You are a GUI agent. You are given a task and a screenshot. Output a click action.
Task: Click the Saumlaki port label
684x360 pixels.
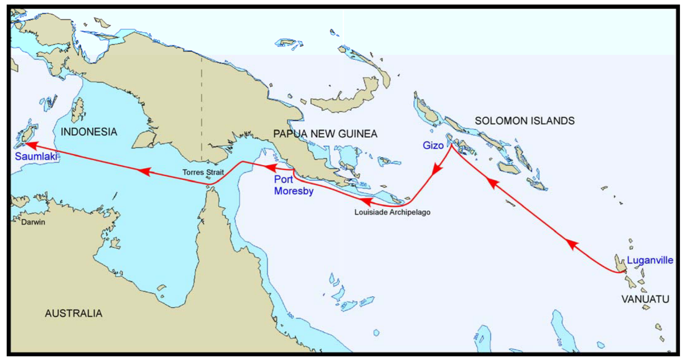(36, 156)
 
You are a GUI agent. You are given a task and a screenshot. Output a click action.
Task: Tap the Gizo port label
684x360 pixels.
(433, 145)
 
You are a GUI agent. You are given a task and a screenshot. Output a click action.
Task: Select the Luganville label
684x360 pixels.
(650, 260)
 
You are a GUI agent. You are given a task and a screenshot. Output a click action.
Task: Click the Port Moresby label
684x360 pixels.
(293, 185)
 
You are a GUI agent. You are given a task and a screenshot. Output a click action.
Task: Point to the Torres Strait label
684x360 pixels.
(203, 172)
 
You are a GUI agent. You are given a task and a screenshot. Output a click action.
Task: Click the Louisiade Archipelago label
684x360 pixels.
(392, 212)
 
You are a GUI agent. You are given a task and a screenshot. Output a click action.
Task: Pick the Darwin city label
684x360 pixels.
(33, 222)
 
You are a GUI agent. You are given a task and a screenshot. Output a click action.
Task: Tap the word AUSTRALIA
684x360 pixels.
(74, 313)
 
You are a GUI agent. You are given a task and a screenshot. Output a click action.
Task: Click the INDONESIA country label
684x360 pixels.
(89, 132)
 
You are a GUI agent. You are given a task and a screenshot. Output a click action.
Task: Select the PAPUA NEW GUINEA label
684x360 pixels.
(325, 134)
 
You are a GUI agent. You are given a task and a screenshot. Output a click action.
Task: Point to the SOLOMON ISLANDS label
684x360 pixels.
(525, 121)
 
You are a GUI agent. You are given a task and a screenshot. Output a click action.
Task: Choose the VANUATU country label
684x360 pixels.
(645, 299)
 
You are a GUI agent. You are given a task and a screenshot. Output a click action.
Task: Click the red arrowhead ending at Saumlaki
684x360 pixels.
(32, 145)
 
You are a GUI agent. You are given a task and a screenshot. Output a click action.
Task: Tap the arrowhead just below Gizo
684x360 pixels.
(437, 169)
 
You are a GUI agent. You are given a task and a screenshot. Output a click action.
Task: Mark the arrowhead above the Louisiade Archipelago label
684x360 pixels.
(367, 201)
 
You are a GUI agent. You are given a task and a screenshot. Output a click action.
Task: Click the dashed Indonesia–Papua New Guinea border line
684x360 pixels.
(202, 108)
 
